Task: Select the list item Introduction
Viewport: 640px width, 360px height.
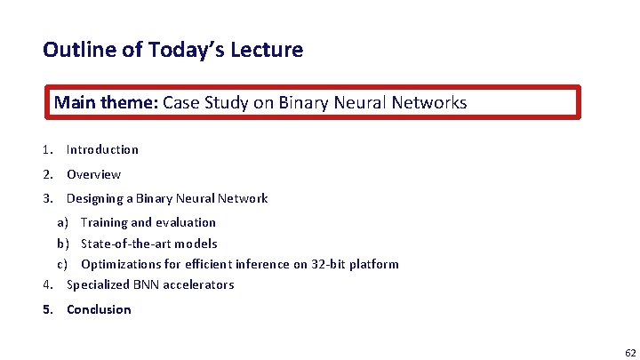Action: pyautogui.click(x=102, y=149)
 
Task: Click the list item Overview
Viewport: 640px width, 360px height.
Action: pyautogui.click(x=93, y=174)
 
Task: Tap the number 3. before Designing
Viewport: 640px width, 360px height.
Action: pyautogui.click(x=48, y=198)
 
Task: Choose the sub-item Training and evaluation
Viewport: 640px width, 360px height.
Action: pyautogui.click(x=148, y=222)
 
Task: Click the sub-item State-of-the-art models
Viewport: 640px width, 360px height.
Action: pyautogui.click(x=148, y=244)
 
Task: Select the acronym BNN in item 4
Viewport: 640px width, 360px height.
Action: pyautogui.click(x=144, y=284)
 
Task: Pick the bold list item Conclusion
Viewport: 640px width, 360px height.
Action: pyautogui.click(x=99, y=309)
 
